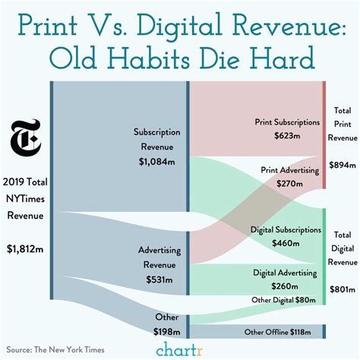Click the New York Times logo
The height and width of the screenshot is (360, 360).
tap(25, 140)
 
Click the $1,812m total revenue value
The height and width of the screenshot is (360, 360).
tap(25, 248)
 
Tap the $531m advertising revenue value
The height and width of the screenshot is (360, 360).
tap(159, 279)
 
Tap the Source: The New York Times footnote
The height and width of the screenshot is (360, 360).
tap(58, 349)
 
